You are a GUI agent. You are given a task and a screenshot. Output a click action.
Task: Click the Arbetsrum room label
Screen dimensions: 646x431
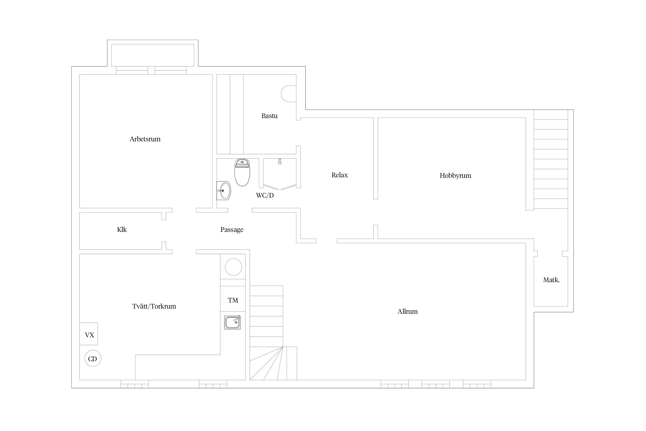(145, 139)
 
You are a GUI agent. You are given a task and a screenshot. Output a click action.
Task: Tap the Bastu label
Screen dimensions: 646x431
(269, 116)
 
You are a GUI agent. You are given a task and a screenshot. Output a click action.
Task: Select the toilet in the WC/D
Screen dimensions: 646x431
(242, 172)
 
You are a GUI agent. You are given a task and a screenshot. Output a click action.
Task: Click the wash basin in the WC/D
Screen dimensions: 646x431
(223, 191)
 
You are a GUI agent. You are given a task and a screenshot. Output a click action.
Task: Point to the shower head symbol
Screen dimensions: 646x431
(280, 162)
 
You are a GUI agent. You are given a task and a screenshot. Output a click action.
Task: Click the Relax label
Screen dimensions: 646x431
(339, 175)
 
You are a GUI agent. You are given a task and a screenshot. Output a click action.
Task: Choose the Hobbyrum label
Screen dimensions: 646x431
(455, 176)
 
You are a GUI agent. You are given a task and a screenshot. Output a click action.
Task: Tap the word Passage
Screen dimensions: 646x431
(232, 230)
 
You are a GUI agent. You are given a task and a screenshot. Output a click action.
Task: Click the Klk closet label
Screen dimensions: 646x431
(122, 230)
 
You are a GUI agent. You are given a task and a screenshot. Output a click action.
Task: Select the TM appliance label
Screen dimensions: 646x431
(233, 300)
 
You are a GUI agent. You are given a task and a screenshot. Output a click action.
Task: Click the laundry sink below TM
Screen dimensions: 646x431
(233, 322)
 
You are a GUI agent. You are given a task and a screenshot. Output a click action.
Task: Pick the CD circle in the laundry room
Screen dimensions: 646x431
(93, 358)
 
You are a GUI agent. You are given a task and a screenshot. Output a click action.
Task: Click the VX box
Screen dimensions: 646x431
(89, 334)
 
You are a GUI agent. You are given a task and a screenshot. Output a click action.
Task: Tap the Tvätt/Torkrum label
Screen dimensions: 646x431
(154, 306)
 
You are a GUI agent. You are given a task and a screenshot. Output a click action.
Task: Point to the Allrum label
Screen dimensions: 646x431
(407, 311)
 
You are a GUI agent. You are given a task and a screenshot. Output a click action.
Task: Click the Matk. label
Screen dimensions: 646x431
(551, 280)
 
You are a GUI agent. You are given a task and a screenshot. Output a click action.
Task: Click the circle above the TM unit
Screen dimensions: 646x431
(233, 267)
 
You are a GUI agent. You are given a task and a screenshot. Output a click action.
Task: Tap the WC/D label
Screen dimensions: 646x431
(265, 195)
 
